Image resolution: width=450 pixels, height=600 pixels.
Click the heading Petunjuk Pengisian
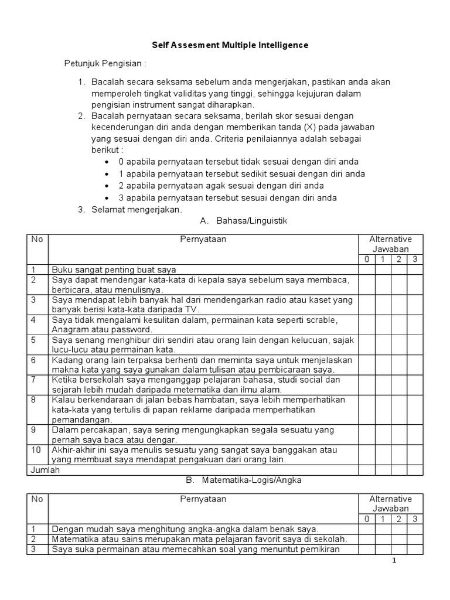(104, 63)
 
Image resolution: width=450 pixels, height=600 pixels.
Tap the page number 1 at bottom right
(395, 561)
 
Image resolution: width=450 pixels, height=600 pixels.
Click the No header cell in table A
(37, 239)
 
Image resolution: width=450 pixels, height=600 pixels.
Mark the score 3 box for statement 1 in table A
(414, 270)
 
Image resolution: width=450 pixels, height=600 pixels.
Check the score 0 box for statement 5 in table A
(366, 345)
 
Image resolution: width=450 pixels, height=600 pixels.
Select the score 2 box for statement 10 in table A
(398, 455)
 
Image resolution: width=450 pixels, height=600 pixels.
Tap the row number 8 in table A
(34, 400)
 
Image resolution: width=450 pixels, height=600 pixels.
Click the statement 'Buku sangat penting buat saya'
(114, 270)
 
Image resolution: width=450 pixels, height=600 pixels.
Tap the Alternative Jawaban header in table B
(390, 504)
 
